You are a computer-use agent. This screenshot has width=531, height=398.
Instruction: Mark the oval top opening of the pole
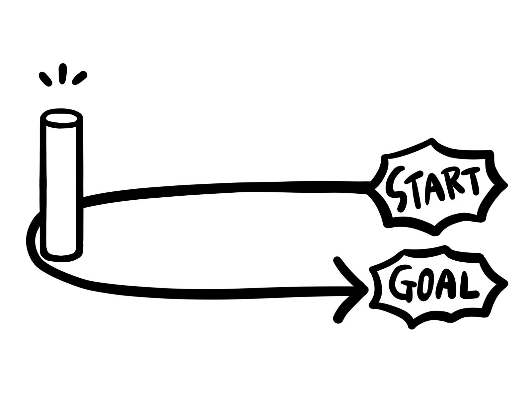pos(61,118)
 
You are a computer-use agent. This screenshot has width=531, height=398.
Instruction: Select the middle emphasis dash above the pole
pos(62,74)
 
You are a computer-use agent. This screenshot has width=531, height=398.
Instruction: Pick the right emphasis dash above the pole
pos(80,78)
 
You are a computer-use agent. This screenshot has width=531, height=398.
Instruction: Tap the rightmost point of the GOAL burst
pos(505,284)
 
